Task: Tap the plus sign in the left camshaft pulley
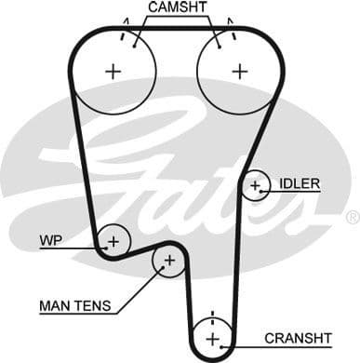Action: (x=113, y=70)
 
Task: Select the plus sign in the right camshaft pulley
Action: (x=240, y=70)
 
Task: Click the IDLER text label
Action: (x=300, y=183)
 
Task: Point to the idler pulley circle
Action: (x=255, y=186)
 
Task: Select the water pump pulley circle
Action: (x=113, y=241)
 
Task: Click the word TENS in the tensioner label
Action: (x=93, y=305)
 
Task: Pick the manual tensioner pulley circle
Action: (x=168, y=262)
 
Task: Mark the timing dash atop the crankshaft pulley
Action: (x=212, y=315)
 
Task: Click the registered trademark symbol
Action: (x=352, y=217)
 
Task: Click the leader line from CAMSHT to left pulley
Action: (x=140, y=29)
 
